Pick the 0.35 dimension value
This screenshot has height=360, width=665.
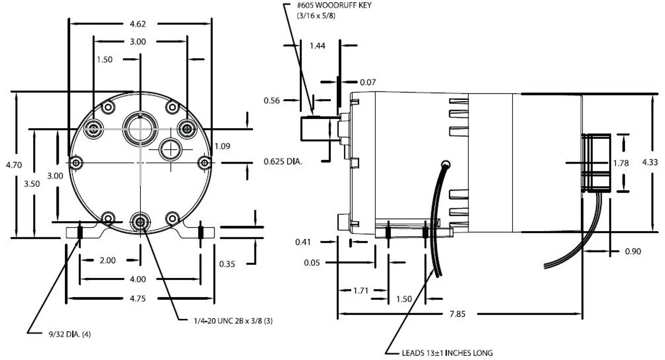click(x=227, y=264)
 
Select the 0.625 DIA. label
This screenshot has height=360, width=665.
click(x=283, y=162)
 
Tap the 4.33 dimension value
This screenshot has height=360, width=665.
click(x=650, y=162)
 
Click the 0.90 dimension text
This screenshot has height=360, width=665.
click(x=633, y=251)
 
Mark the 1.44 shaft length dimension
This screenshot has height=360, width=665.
click(x=317, y=46)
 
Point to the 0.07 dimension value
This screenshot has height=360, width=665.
click(x=367, y=82)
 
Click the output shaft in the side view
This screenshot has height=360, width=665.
click(x=314, y=128)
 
